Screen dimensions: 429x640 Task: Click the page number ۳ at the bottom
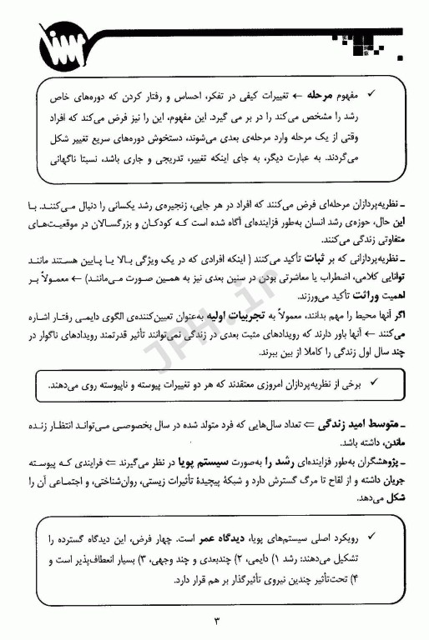[x=214, y=621]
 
